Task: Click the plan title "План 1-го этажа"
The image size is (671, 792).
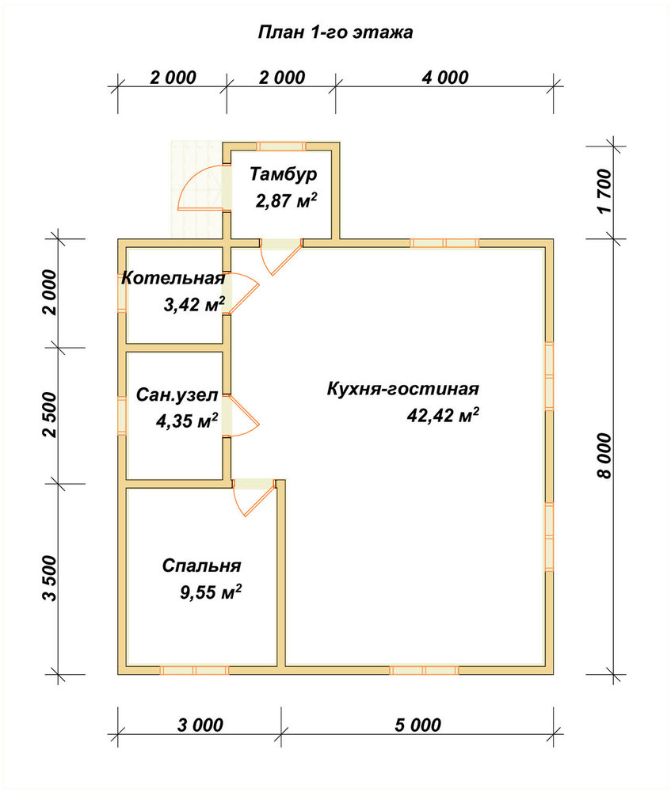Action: (335, 32)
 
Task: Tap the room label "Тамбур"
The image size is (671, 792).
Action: (284, 174)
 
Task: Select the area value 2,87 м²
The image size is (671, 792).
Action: (286, 200)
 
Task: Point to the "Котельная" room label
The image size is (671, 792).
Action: (173, 278)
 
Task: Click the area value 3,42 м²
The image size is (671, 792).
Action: (194, 305)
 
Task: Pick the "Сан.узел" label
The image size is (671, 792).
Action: (177, 395)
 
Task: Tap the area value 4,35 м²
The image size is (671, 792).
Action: (187, 421)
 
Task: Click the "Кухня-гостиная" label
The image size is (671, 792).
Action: (402, 390)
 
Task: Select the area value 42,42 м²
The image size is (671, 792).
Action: (443, 416)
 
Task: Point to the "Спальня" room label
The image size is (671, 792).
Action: (201, 565)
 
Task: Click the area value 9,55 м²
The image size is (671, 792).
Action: (210, 592)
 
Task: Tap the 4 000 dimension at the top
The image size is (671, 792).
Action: (445, 78)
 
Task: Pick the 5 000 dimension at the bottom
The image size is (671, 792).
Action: (417, 725)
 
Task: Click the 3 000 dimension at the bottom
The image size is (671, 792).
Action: (200, 725)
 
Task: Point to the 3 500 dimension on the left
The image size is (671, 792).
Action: (51, 578)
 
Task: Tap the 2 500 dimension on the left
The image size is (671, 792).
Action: (51, 415)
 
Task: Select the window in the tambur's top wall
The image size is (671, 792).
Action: (281, 147)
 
